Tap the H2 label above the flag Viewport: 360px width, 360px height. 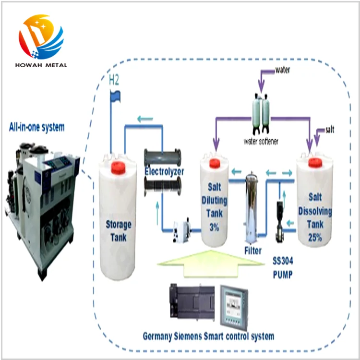[x=114, y=80]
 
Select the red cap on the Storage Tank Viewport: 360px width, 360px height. [x=118, y=168]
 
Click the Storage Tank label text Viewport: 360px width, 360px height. [x=118, y=230]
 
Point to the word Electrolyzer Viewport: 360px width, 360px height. [x=164, y=171]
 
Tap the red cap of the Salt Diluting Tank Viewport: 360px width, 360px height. [x=215, y=163]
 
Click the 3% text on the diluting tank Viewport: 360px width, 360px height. [x=214, y=227]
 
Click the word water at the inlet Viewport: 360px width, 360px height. [x=282, y=70]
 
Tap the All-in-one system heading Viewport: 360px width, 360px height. [x=37, y=127]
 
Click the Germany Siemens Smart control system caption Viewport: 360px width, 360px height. [x=208, y=336]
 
